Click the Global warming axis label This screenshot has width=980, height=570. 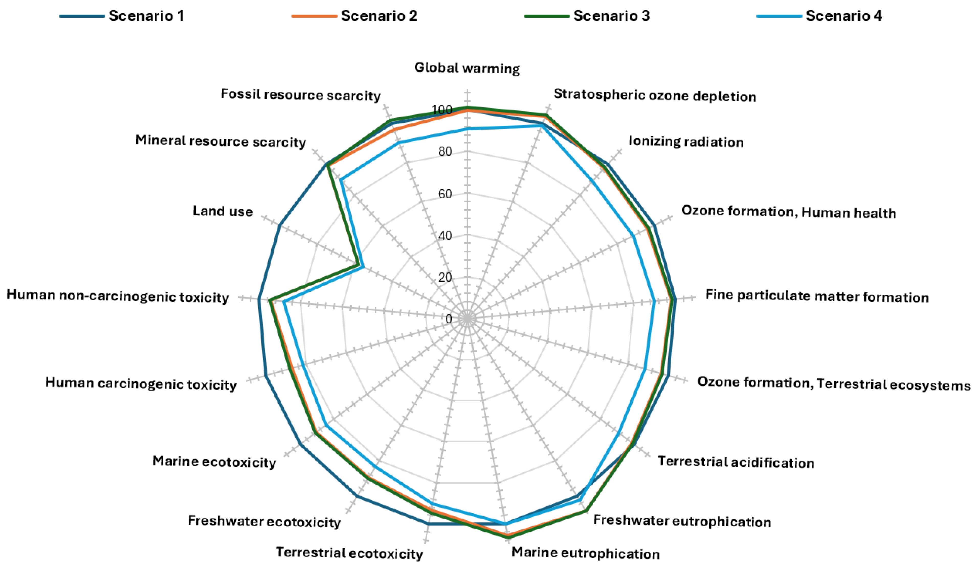click(x=467, y=68)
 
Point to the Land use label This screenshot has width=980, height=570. click(x=223, y=211)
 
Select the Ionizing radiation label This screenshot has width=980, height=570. click(x=686, y=142)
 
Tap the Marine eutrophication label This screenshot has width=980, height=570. click(x=585, y=553)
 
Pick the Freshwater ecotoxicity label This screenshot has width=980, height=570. click(x=264, y=521)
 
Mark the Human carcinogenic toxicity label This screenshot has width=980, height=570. click(x=141, y=383)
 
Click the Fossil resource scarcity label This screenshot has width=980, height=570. click(x=300, y=95)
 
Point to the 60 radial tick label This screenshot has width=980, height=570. click(x=445, y=194)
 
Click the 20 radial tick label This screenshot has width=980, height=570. click(x=445, y=277)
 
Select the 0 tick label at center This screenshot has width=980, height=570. click(x=449, y=319)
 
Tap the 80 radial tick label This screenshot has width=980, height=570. click(x=445, y=152)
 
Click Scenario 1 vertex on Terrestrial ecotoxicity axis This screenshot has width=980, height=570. click(x=429, y=524)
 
